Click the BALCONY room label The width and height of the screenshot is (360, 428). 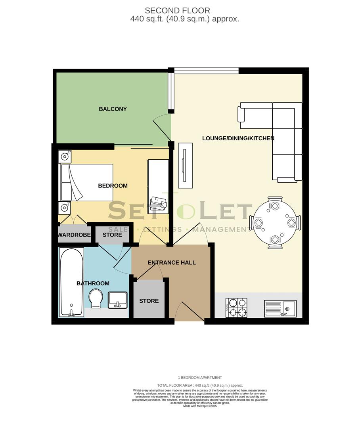113,109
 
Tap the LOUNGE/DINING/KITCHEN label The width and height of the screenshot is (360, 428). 238,138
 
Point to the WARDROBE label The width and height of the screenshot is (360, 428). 74,235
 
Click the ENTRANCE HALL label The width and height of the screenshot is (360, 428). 172,262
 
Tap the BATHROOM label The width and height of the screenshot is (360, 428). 93,283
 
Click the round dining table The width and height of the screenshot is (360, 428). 275,223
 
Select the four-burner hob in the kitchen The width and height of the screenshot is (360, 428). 236,308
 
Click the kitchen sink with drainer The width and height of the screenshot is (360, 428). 280,308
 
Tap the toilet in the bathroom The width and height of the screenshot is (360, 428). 96,298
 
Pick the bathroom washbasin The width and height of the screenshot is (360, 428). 117,300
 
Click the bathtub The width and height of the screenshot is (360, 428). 71,282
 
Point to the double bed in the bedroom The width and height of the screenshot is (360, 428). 86,182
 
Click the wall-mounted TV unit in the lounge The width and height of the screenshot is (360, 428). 185,165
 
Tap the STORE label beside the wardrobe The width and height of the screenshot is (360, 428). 112,235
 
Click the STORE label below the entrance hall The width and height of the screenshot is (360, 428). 149,301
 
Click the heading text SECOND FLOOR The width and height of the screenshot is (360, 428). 177,11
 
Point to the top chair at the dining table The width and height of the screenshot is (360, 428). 275,204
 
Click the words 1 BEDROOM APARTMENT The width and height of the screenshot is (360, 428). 200,378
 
